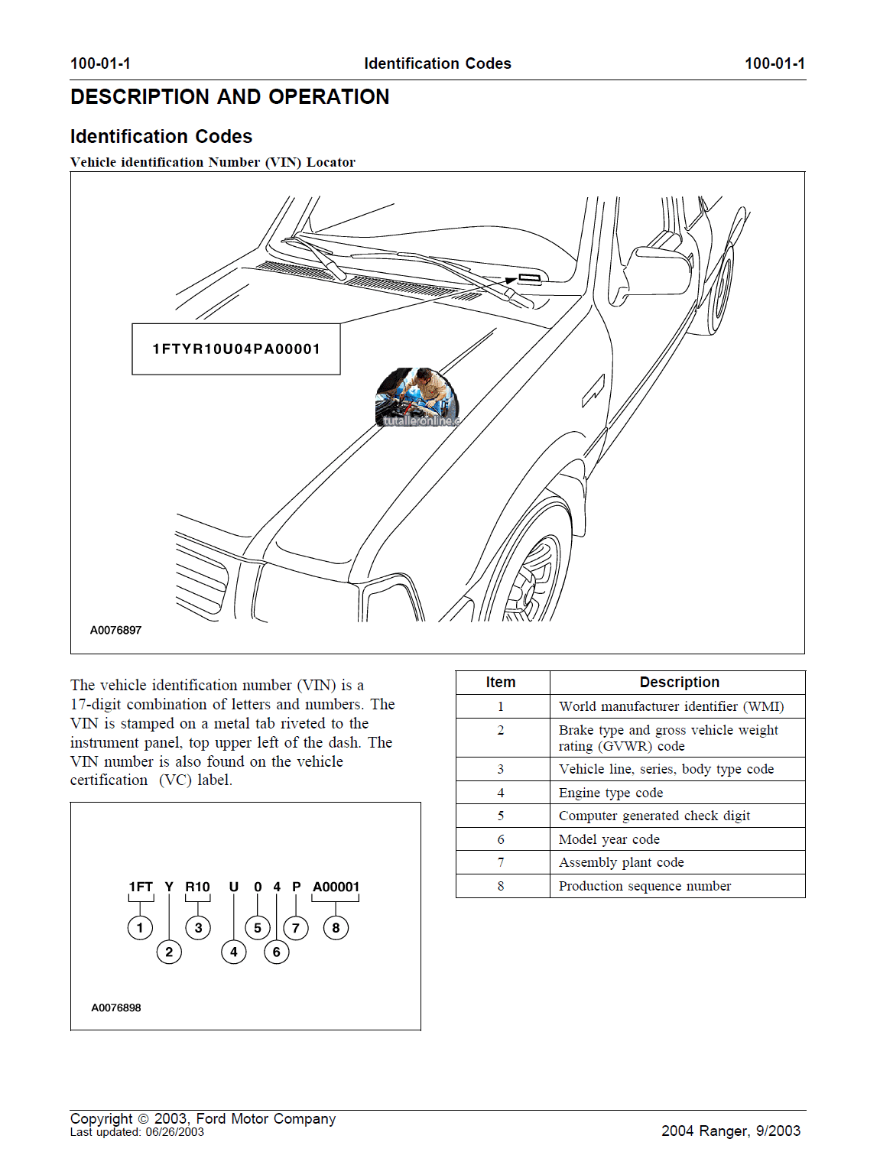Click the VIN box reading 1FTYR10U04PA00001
pos(236,349)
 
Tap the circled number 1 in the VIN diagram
pos(140,928)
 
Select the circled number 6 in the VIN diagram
pos(277,952)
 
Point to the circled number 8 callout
pos(336,928)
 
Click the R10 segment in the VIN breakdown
pos(197,887)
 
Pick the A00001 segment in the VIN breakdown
pos(336,887)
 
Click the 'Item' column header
pos(501,682)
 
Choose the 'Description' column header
pos(679,682)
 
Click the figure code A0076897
pos(115,631)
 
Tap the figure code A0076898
pos(115,1007)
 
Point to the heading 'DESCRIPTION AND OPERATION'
pos(229,97)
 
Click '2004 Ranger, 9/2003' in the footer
pos(730,1131)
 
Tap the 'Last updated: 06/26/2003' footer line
pos(137,1132)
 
